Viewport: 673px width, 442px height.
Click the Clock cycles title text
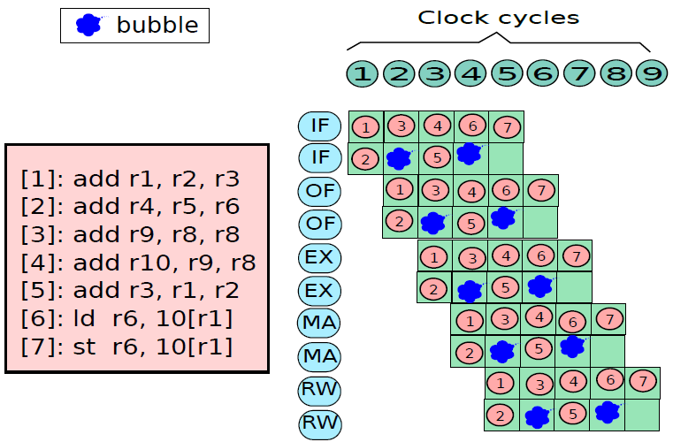click(499, 17)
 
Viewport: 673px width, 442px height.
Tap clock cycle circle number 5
click(506, 73)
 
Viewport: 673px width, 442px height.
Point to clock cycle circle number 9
click(651, 73)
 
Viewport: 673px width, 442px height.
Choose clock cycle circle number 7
click(578, 73)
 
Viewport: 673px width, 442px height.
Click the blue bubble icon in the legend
click(88, 25)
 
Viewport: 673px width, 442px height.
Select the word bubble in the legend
click(158, 25)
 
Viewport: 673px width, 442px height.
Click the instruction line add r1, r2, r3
click(130, 179)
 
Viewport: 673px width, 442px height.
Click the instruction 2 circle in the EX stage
click(433, 288)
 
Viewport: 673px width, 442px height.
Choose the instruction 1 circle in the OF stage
click(400, 189)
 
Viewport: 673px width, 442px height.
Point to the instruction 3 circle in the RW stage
click(538, 384)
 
